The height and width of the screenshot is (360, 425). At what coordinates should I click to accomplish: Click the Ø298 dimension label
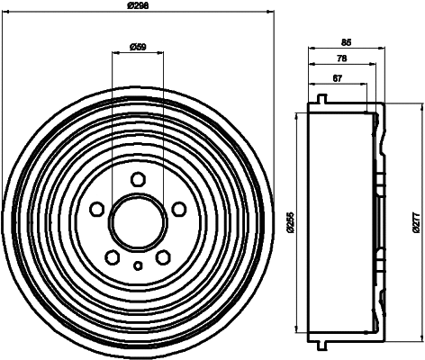(138, 6)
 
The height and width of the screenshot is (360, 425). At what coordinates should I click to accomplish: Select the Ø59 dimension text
(138, 46)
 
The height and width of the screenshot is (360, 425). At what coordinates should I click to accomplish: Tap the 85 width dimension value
(347, 40)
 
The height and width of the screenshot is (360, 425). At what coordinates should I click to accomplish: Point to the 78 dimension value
(341, 59)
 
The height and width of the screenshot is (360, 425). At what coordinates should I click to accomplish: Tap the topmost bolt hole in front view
(138, 179)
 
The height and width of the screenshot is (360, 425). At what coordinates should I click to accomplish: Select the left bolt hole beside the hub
(97, 209)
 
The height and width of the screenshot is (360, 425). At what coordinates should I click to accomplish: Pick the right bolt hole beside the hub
(178, 209)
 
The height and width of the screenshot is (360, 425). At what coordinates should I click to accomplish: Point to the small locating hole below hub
(138, 265)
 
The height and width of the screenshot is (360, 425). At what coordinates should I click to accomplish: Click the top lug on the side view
(321, 97)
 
